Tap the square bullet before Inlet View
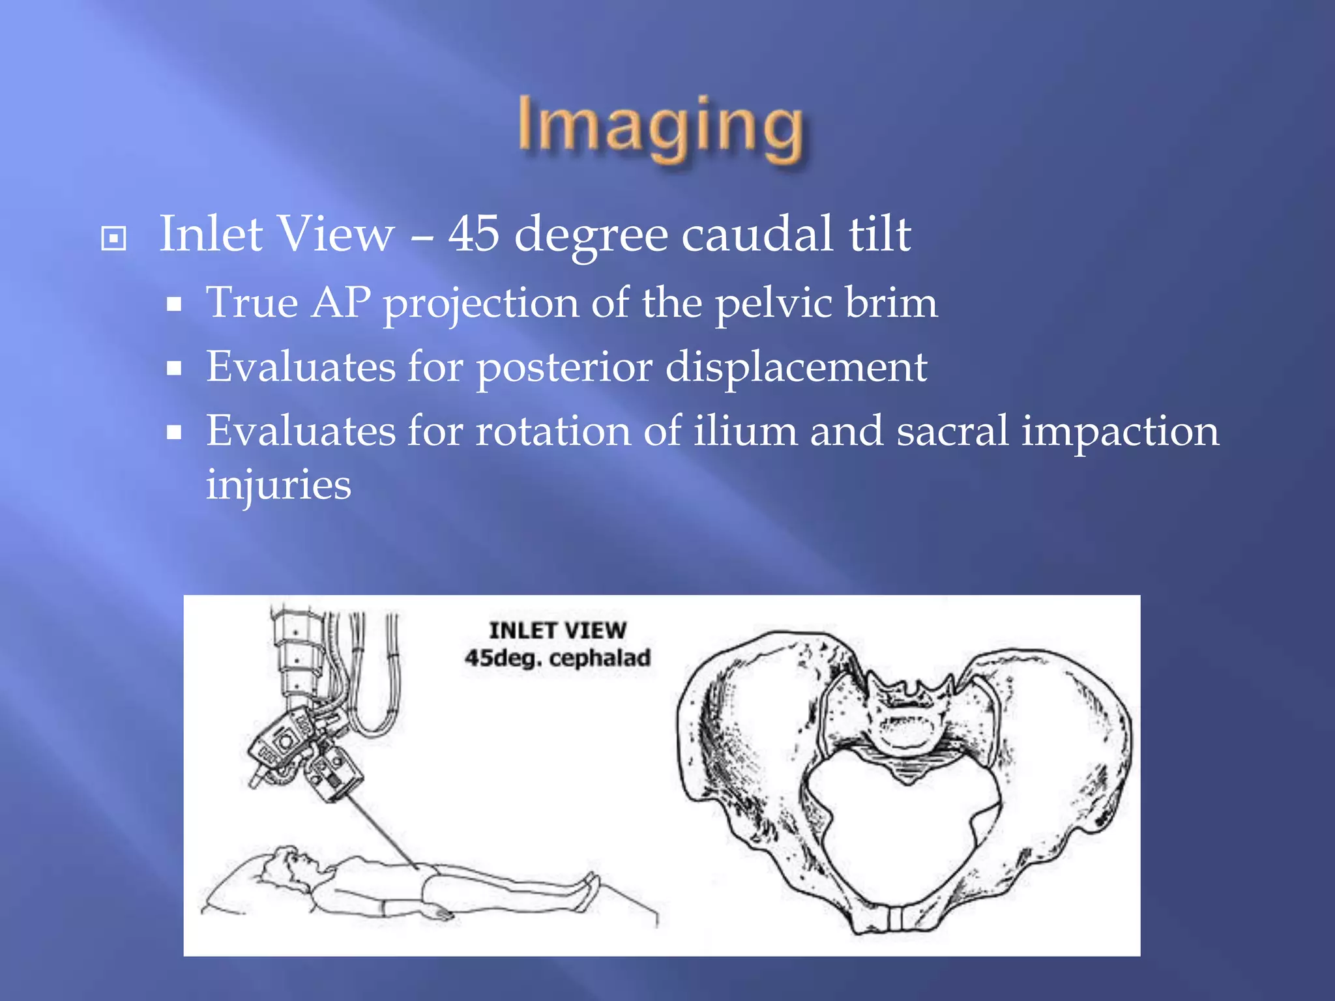point(113,238)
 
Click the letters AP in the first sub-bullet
point(340,302)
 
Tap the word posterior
point(565,367)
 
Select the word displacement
point(796,367)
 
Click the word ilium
point(744,431)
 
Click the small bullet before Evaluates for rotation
point(173,432)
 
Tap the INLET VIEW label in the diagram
point(557,630)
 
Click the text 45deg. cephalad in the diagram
point(557,658)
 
